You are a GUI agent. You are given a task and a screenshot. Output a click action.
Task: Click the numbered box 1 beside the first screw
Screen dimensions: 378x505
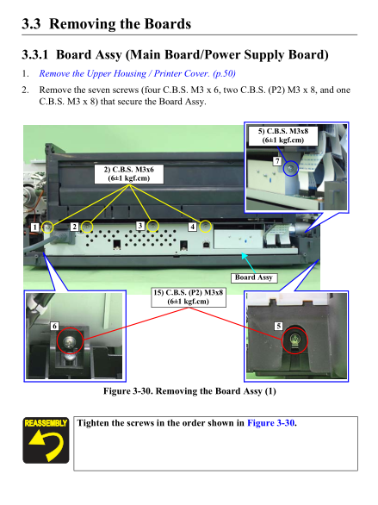tap(34, 227)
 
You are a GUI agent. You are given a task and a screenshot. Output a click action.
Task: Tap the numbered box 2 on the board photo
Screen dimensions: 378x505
tap(74, 227)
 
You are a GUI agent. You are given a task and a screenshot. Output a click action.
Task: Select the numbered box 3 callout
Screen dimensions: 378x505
tap(140, 226)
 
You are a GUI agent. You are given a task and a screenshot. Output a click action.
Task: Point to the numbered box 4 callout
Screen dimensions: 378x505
tap(192, 227)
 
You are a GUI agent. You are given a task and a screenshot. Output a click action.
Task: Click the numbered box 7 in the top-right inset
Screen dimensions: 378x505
tap(277, 161)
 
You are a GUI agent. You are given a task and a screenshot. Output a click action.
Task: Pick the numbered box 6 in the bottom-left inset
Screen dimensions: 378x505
tap(54, 327)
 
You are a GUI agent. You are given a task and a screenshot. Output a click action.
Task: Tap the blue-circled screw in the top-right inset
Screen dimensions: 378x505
tap(291, 168)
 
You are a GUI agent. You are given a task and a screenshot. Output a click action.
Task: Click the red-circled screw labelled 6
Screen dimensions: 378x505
tap(70, 340)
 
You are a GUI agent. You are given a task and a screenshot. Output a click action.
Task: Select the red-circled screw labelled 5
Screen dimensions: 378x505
tap(294, 340)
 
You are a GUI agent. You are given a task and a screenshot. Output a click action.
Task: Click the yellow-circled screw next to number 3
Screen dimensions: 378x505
tap(152, 226)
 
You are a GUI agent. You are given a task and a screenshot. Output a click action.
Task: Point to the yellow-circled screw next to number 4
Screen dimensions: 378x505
tap(205, 227)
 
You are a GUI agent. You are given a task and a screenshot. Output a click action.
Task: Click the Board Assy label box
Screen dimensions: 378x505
tap(254, 277)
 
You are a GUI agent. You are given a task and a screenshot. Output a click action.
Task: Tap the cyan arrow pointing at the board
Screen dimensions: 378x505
tap(248, 263)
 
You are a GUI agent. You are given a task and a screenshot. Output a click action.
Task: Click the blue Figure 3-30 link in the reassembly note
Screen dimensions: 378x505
tap(270, 423)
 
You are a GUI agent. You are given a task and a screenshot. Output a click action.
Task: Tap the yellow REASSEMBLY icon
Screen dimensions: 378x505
tap(46, 440)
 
